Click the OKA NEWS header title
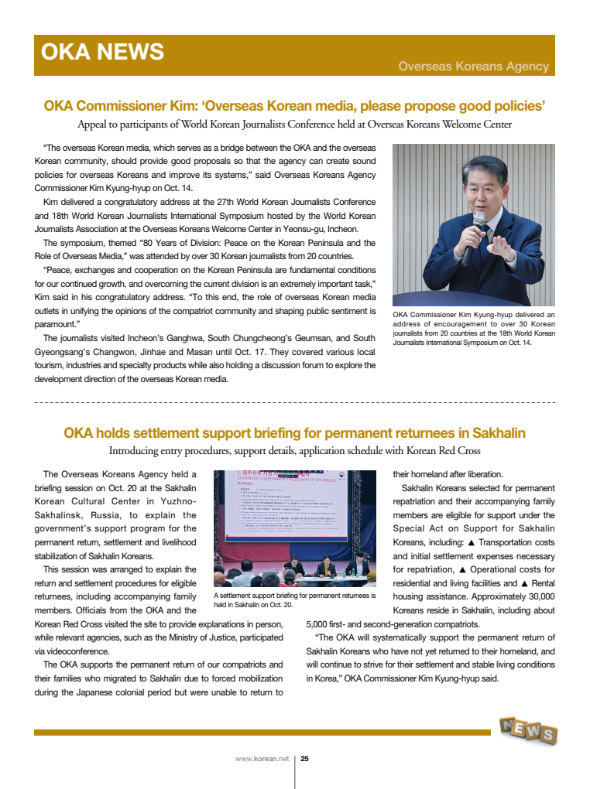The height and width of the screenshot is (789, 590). coord(102,52)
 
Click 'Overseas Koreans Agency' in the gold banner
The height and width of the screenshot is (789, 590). coord(473,67)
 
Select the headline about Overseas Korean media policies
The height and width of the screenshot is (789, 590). coord(294,105)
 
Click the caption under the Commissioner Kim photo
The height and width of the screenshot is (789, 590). coord(473,328)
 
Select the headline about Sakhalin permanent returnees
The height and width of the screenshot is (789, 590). coord(294,432)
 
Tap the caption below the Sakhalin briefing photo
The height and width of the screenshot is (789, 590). coord(293,600)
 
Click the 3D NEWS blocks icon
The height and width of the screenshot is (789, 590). coord(528,730)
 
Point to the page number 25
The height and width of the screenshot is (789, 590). coord(304,759)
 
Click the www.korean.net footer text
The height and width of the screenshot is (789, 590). coord(262,759)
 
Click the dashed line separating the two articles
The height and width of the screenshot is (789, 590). coord(294,403)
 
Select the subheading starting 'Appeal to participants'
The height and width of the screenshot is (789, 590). coord(294,124)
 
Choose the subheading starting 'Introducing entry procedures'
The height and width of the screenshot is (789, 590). coord(294,451)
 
